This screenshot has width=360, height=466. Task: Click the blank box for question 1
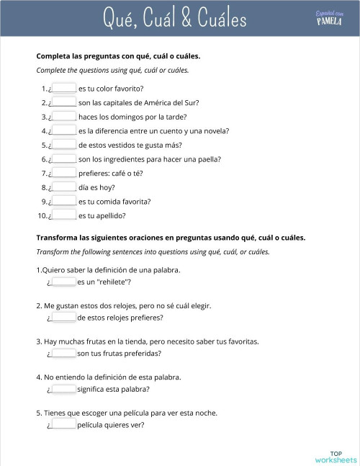[x=65, y=89]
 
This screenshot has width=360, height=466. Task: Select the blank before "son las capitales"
[x=65, y=102]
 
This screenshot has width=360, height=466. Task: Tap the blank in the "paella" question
[x=65, y=158]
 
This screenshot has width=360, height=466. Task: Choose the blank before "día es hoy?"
[x=65, y=187]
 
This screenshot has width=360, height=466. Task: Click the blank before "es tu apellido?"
[x=65, y=215]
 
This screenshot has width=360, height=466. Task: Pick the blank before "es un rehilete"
[x=64, y=283]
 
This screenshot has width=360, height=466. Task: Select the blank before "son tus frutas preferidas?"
[x=64, y=354]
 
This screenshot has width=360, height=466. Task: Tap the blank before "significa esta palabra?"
[x=64, y=389]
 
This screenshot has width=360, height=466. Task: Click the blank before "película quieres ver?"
[x=64, y=424]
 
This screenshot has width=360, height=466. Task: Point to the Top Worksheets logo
[x=336, y=456]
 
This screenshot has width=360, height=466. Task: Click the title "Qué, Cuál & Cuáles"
[x=174, y=19]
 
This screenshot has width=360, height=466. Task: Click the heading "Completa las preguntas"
[x=118, y=55]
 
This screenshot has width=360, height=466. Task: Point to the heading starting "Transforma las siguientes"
[x=171, y=237]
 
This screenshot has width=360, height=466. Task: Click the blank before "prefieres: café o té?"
[x=65, y=173]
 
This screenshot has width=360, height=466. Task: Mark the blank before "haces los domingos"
[x=65, y=117]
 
